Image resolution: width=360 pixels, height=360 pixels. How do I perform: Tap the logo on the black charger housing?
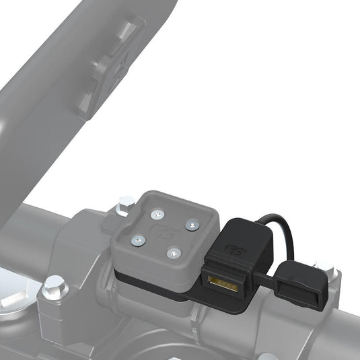coord(236,249)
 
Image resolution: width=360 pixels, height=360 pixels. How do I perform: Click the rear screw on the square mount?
coord(157,214)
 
